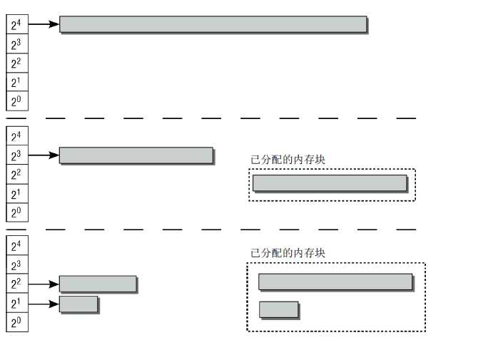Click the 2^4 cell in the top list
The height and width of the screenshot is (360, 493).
(x=17, y=24)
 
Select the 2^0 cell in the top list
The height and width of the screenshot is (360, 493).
(x=17, y=101)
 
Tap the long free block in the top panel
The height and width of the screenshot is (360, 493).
(x=213, y=24)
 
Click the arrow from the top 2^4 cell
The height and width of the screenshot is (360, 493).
(x=44, y=24)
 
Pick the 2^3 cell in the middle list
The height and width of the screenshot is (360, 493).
(x=17, y=155)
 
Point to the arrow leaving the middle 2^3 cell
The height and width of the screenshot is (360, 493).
(x=44, y=155)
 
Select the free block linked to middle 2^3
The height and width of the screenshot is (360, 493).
(x=137, y=155)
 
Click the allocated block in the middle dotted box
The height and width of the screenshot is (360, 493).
(x=330, y=183)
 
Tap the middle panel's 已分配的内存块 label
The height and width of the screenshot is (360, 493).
(x=288, y=160)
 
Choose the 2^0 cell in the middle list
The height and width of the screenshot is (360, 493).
(x=17, y=212)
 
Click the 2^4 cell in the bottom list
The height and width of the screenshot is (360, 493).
(x=17, y=245)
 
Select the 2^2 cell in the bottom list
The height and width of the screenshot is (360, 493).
(x=17, y=284)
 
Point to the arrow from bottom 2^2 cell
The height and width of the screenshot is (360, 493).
(x=44, y=284)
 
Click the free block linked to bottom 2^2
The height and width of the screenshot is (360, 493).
(x=98, y=284)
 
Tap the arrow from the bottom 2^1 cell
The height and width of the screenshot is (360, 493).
(x=44, y=304)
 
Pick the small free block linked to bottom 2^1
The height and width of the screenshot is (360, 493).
(x=79, y=304)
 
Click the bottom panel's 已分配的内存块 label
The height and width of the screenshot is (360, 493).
(x=288, y=253)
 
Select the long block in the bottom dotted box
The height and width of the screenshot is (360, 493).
(x=336, y=282)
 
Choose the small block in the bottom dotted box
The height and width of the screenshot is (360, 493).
(x=279, y=310)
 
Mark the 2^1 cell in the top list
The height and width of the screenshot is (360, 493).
(x=17, y=82)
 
